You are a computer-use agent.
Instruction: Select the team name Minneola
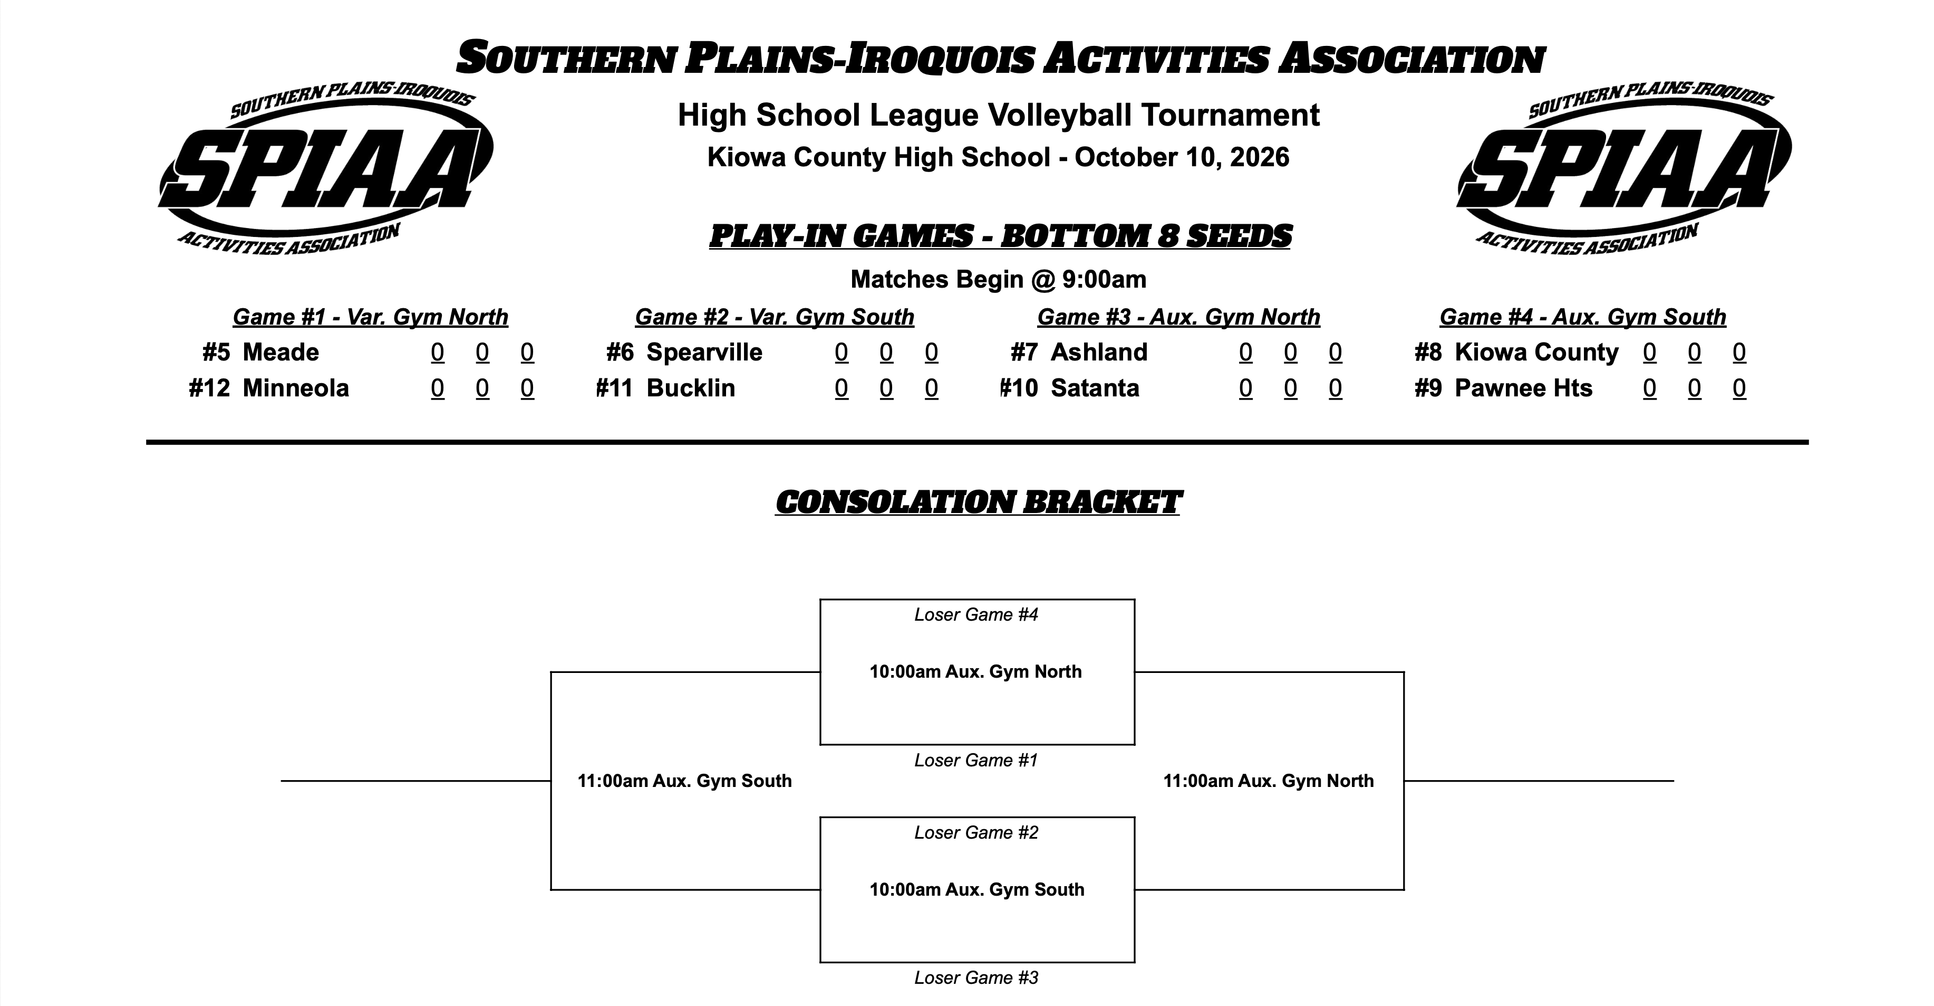(296, 388)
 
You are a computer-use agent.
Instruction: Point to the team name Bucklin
(691, 388)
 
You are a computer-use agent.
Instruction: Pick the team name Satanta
(1095, 388)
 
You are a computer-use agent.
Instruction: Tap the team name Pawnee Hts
(1523, 388)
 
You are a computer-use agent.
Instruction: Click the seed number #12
(209, 388)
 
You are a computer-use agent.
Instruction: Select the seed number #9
(1428, 388)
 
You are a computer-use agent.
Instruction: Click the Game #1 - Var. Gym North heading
(370, 317)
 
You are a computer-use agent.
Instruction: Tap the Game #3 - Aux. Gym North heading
(1179, 317)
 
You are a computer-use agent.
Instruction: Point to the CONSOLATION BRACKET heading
(978, 502)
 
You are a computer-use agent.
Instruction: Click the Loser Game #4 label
(976, 614)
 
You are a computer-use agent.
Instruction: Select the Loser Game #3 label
(976, 977)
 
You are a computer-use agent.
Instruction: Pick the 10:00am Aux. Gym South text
(977, 889)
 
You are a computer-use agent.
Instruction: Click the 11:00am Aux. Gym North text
(1269, 781)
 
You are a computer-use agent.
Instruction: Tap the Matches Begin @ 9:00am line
(999, 280)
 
